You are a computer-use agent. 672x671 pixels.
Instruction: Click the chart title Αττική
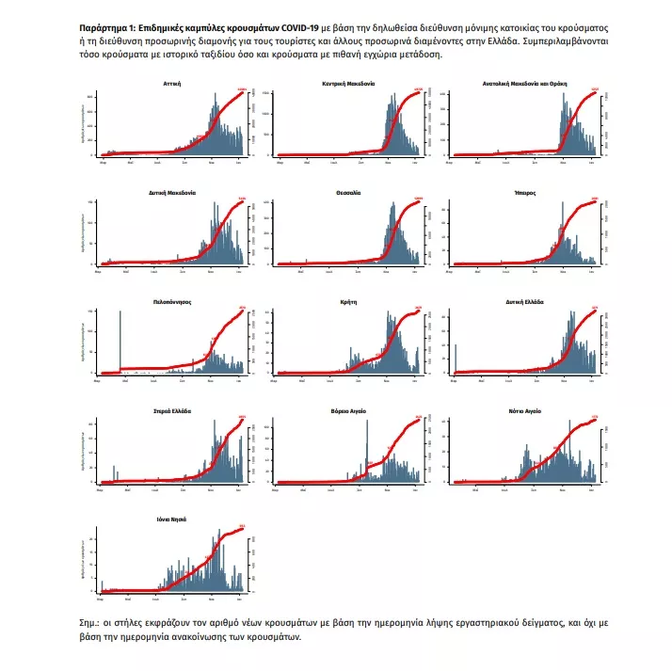click(x=171, y=84)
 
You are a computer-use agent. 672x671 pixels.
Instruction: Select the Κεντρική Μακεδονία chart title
click(x=349, y=84)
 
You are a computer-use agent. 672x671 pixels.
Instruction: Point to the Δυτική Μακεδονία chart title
click(x=171, y=192)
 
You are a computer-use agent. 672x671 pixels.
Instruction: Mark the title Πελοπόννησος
click(x=171, y=301)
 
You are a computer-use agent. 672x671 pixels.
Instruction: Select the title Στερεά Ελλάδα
click(x=171, y=410)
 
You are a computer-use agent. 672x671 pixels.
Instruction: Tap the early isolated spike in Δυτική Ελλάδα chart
click(x=455, y=358)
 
